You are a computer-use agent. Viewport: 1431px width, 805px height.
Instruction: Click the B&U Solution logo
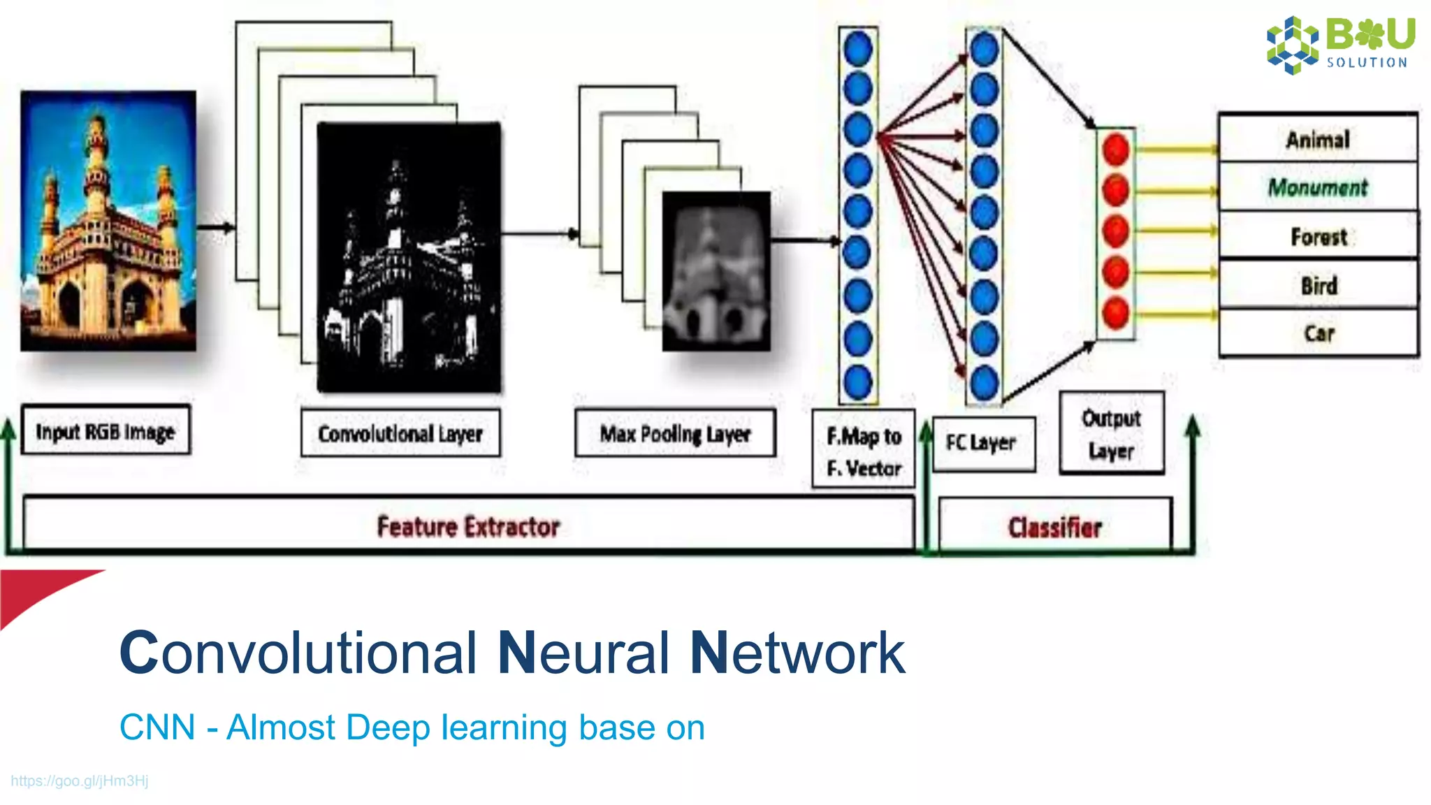tap(1340, 43)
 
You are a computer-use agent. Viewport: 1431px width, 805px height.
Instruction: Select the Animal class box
tap(1318, 139)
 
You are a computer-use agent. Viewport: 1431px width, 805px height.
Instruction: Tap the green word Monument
tap(1318, 187)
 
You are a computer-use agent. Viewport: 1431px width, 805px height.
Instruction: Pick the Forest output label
tap(1319, 237)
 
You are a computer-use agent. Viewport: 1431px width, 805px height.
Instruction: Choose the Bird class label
tap(1319, 285)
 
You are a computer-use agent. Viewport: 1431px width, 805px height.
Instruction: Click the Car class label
tap(1319, 333)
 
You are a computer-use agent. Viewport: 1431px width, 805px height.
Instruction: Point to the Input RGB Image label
tap(106, 431)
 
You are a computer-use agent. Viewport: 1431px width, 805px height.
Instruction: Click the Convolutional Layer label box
tap(400, 433)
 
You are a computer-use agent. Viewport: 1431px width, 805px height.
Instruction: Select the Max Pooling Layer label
tap(675, 433)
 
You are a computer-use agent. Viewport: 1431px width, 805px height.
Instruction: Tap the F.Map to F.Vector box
tap(864, 451)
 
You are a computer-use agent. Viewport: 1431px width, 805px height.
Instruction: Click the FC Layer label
tap(982, 443)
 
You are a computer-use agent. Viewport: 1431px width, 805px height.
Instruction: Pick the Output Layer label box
tap(1111, 434)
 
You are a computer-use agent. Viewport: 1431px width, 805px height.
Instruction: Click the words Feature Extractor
tap(468, 526)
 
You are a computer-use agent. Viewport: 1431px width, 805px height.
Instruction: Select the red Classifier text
tap(1054, 527)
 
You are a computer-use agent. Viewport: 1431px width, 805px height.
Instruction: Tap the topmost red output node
tap(1116, 150)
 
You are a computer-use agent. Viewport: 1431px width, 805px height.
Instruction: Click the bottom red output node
tap(1116, 313)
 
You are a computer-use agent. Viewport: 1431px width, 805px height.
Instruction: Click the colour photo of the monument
tap(108, 220)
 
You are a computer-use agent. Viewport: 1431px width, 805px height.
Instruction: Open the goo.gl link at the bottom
tap(80, 781)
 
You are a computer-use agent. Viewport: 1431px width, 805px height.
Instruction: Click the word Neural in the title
tap(583, 653)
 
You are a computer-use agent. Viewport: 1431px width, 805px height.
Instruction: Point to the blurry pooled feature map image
tap(716, 271)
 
